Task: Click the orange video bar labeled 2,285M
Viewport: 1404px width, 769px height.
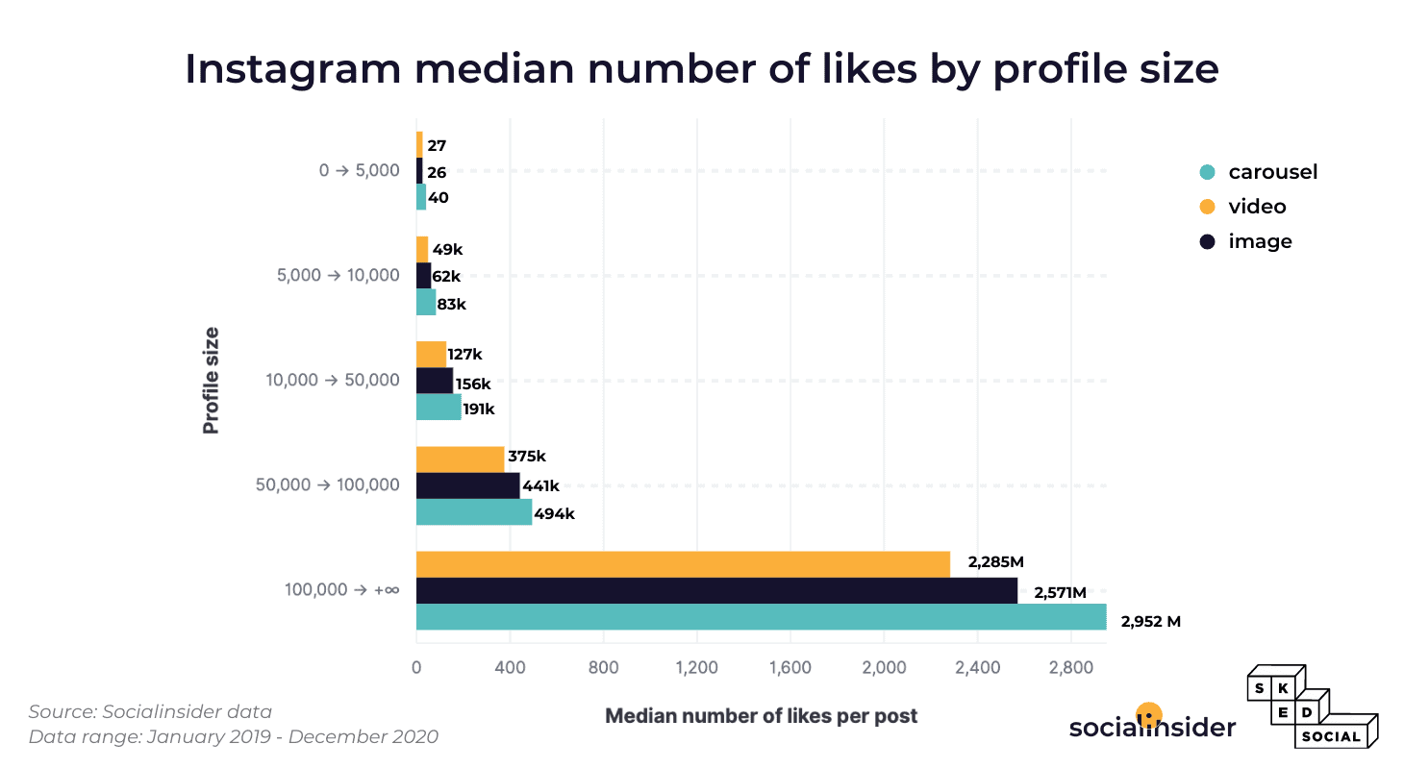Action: point(683,564)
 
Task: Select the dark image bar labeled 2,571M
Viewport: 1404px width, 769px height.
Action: point(716,590)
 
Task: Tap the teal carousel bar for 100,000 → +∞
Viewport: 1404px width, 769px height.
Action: point(761,617)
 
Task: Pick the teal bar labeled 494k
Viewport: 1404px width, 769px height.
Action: point(473,511)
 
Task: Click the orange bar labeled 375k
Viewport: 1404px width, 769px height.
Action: point(460,459)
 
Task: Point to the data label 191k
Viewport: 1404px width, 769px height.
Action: point(478,409)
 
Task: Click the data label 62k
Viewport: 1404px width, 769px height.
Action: point(446,277)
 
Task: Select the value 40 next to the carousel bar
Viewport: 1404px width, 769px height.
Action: point(439,198)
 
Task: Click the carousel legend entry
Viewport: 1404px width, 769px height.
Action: point(1271,172)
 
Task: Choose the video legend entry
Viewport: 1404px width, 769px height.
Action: point(1256,207)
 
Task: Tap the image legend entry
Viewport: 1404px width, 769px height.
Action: point(1259,241)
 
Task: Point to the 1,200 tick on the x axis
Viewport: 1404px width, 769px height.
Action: point(696,667)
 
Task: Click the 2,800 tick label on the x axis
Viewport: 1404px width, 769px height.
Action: point(1071,667)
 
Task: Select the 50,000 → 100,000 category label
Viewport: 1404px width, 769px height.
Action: point(328,484)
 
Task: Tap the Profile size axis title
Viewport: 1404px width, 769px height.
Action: point(211,380)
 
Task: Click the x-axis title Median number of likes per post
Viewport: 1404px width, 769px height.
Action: point(761,716)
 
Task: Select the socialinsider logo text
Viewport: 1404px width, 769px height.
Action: point(1151,728)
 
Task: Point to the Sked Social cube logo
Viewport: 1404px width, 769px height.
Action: point(1313,707)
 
